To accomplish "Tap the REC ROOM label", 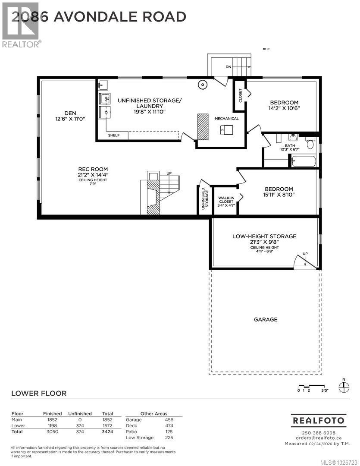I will click(93, 169).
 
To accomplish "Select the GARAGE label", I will click(265, 319).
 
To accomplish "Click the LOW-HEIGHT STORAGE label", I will click(264, 236).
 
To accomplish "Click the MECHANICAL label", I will click(227, 118).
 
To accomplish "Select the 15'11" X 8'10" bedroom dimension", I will click(279, 195).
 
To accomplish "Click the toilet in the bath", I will click(310, 143).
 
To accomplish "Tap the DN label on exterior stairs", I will click(229, 67).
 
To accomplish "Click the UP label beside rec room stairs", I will click(169, 173).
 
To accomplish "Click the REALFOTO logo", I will click(318, 420).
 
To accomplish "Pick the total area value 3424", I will click(107, 431).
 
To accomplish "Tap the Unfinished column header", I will click(80, 413).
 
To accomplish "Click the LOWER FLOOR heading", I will click(39, 393).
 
